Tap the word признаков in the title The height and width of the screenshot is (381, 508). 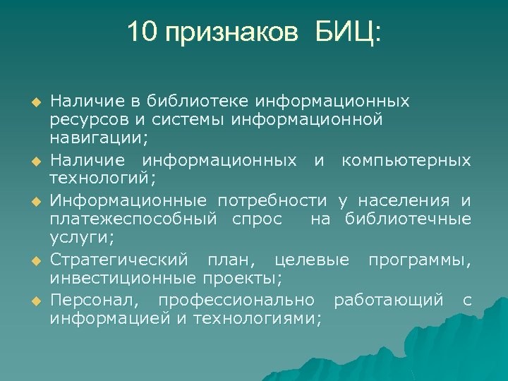(x=229, y=33)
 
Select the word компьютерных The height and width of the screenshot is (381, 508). (x=406, y=161)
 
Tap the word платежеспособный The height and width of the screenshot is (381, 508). (x=133, y=220)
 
